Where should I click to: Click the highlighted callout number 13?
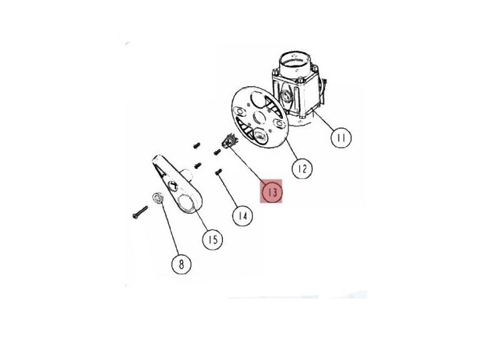pyautogui.click(x=272, y=192)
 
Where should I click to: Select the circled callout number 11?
pyautogui.click(x=341, y=138)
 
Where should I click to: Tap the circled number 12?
pyautogui.click(x=302, y=169)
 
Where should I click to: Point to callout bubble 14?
pyautogui.click(x=242, y=216)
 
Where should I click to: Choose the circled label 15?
pyautogui.click(x=212, y=240)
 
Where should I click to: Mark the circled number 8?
pyautogui.click(x=181, y=264)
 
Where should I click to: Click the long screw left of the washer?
pyautogui.click(x=140, y=212)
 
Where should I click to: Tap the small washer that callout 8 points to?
pyautogui.click(x=157, y=198)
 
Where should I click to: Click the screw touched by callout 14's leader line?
pyautogui.click(x=219, y=172)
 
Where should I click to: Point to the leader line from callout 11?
pyautogui.click(x=324, y=122)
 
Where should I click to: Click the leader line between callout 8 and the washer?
pyautogui.click(x=170, y=228)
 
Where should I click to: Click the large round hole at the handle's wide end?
pyautogui.click(x=186, y=202)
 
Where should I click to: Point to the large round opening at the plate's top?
pyautogui.click(x=257, y=99)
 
